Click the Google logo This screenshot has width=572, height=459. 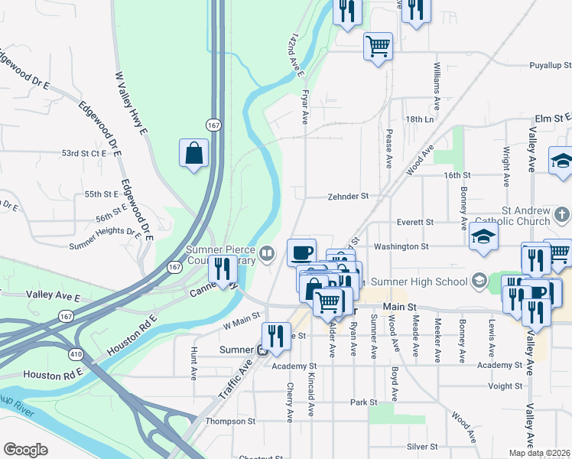[25, 450]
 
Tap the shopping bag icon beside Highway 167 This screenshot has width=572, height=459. [194, 152]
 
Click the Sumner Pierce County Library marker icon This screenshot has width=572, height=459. [267, 252]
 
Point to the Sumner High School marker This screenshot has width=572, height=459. [479, 282]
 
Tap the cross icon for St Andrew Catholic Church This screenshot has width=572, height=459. [561, 214]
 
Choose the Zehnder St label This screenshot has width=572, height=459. [348, 196]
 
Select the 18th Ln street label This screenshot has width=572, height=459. [420, 120]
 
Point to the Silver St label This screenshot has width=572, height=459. [423, 446]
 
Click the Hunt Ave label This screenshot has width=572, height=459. [193, 363]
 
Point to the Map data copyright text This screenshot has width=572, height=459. [540, 452]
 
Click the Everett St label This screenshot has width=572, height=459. [415, 222]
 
